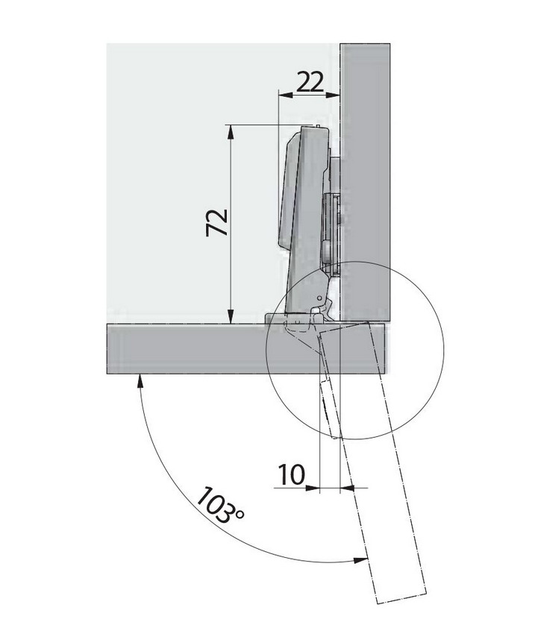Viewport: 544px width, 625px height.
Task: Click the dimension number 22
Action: tap(310, 82)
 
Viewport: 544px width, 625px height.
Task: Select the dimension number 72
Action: tap(217, 222)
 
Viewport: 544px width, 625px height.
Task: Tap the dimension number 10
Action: tap(292, 474)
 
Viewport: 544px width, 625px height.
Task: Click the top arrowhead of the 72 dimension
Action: tap(230, 131)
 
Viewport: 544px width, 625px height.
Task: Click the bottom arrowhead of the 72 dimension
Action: tap(230, 317)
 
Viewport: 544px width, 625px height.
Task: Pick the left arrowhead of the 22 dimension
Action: tap(285, 95)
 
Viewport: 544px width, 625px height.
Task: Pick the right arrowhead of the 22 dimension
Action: tap(333, 95)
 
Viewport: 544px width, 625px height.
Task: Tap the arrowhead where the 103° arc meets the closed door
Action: tap(140, 380)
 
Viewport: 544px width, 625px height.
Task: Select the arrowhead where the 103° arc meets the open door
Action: tap(360, 560)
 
